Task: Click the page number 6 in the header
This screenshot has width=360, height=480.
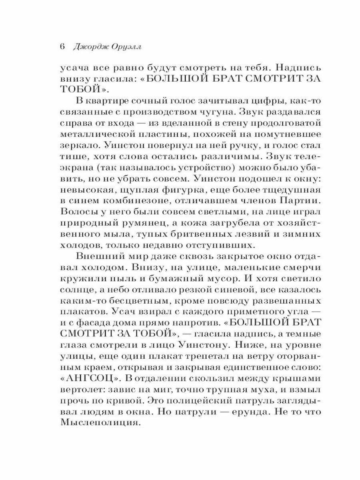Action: click(62, 46)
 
